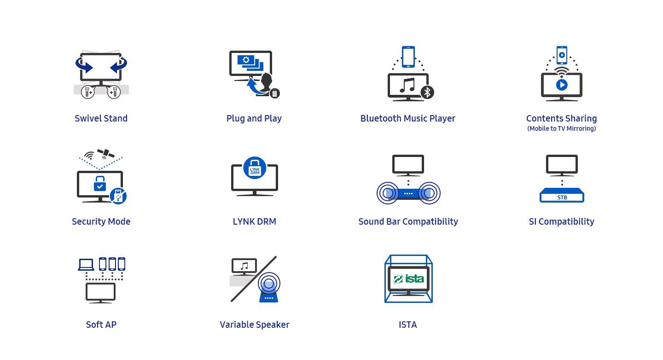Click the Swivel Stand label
tap(101, 118)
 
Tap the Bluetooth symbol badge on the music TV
tap(427, 92)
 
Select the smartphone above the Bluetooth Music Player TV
tap(408, 57)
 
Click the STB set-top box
tap(562, 195)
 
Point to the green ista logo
tap(409, 279)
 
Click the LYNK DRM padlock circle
tap(255, 168)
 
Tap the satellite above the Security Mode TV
tap(106, 153)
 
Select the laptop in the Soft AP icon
tap(86, 264)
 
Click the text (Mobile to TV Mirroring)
tap(562, 128)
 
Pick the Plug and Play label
tap(254, 118)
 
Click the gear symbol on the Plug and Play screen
tap(246, 60)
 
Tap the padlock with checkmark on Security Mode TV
tap(100, 184)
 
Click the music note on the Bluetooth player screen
tap(407, 85)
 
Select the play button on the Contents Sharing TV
tap(562, 85)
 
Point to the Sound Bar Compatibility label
tap(408, 221)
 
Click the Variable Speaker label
tap(255, 325)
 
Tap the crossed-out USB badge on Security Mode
tap(118, 196)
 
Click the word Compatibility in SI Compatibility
tap(566, 221)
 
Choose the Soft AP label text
tap(101, 325)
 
